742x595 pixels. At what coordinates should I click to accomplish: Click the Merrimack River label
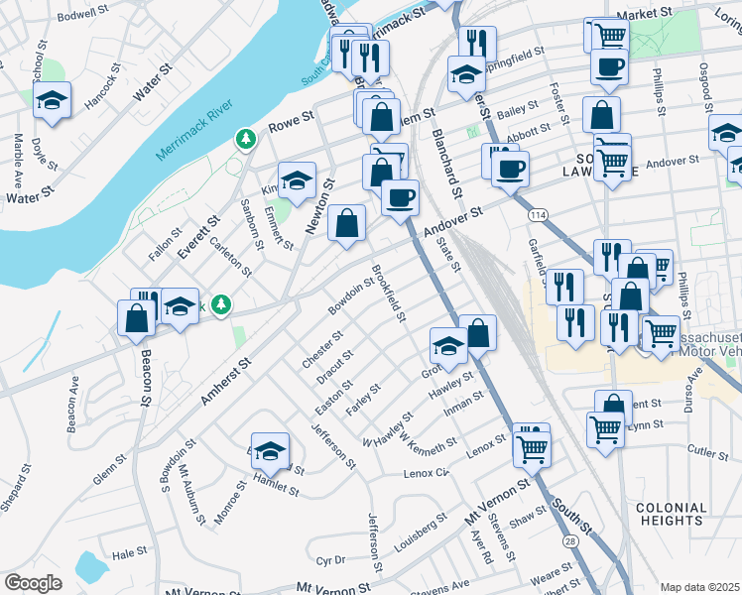point(194,129)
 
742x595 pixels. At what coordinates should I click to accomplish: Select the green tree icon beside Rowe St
point(244,140)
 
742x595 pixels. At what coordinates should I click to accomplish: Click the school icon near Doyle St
point(52,100)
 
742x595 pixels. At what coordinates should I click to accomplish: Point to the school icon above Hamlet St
point(270,451)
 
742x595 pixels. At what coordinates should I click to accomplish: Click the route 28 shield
point(569,540)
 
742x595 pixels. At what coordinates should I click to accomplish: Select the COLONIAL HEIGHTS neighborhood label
point(672,514)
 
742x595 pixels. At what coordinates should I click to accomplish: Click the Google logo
point(33,583)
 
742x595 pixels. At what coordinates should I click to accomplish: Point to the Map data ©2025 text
point(700,587)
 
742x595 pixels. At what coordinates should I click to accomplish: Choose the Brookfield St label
point(388,293)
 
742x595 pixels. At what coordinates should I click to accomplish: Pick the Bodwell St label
point(82,15)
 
